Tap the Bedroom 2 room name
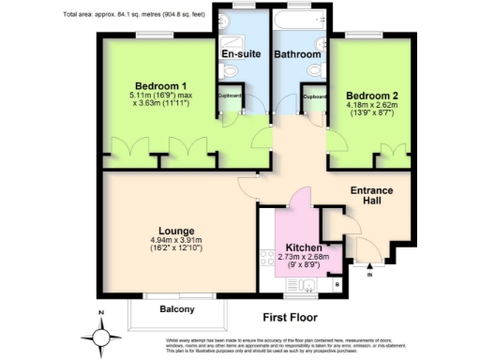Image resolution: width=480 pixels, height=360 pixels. point(371,95)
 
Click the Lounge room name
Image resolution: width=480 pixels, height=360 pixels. point(176,231)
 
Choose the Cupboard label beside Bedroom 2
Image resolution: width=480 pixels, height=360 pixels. point(315,97)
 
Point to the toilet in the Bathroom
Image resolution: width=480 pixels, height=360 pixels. point(313,70)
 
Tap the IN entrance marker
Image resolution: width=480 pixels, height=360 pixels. point(369,276)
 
